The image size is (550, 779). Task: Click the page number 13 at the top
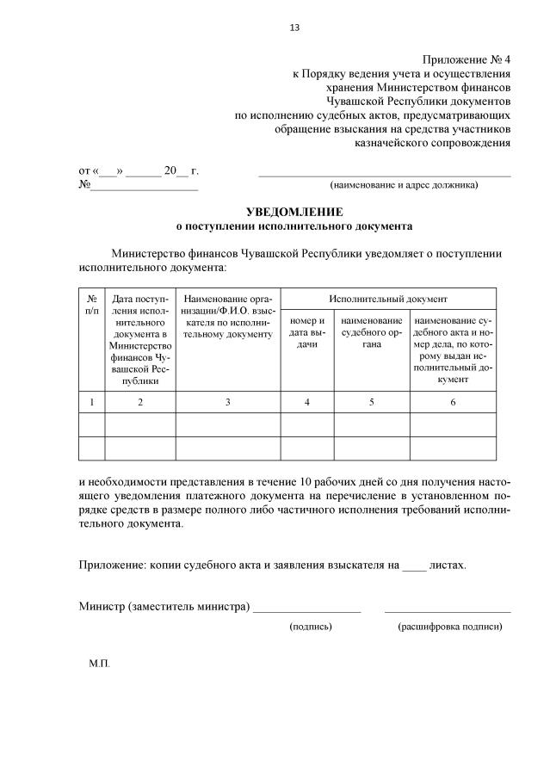pos(294,28)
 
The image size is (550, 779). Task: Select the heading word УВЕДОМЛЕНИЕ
pos(294,212)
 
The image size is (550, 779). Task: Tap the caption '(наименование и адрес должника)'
pos(404,184)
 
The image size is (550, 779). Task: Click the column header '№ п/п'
pos(92,304)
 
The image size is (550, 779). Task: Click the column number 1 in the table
pos(92,402)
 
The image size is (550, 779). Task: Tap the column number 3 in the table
pos(227,402)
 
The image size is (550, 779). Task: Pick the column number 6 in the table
pos(453,402)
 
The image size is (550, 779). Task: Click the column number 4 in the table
pos(306,402)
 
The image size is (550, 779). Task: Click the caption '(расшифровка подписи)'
pos(449,627)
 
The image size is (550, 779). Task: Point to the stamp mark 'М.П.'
pos(99,665)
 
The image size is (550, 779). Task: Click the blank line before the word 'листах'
pos(414,567)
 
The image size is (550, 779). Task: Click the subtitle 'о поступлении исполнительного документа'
pos(294,227)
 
